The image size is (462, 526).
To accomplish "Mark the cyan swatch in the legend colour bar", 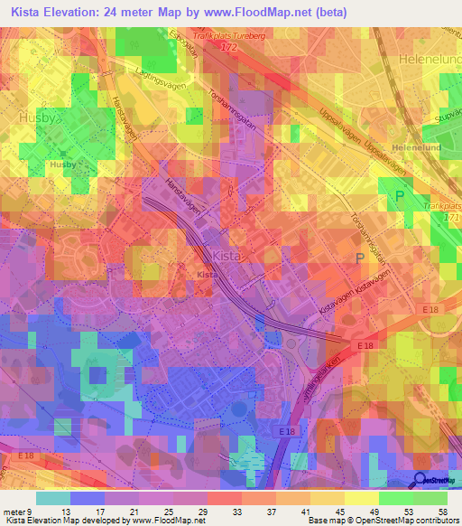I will (53, 498).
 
